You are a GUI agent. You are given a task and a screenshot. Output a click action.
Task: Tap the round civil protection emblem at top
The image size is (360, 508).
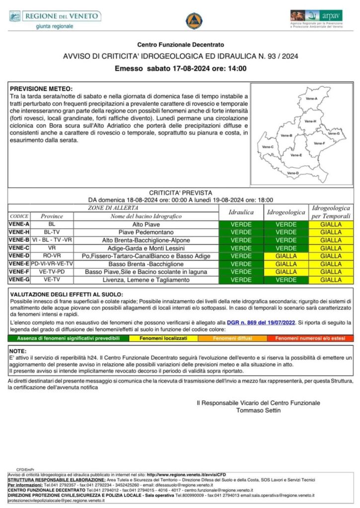click(x=194, y=20)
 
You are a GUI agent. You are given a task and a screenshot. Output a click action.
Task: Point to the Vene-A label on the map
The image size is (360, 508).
click(x=312, y=99)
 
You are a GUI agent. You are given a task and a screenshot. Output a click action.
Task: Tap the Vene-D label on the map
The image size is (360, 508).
click(x=293, y=173)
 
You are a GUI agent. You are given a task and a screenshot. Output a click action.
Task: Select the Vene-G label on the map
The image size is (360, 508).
click(x=334, y=133)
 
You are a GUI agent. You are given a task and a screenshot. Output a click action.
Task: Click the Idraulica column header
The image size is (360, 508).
click(x=241, y=212)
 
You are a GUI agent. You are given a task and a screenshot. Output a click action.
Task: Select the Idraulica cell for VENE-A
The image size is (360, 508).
click(x=241, y=224)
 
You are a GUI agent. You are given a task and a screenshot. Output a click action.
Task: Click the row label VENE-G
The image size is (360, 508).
click(x=19, y=280)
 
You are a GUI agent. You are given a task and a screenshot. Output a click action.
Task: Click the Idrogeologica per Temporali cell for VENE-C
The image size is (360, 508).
click(x=331, y=248)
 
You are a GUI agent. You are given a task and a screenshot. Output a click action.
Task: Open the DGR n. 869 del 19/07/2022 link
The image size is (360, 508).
click(x=268, y=322)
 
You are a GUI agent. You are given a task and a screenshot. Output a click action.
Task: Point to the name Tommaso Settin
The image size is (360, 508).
click(x=258, y=410)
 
